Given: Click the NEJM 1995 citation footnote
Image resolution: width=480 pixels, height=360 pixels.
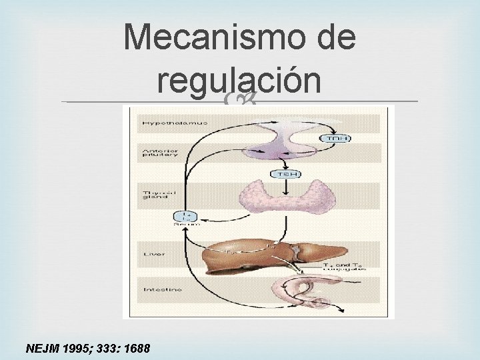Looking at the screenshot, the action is coord(88,348).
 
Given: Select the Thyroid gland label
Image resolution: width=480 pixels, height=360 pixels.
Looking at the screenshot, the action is coord(152,196).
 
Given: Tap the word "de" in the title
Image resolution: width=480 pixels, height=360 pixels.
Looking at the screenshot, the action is coord(332,38).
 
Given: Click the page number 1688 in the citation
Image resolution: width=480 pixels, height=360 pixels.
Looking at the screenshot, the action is coord(136,348).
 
